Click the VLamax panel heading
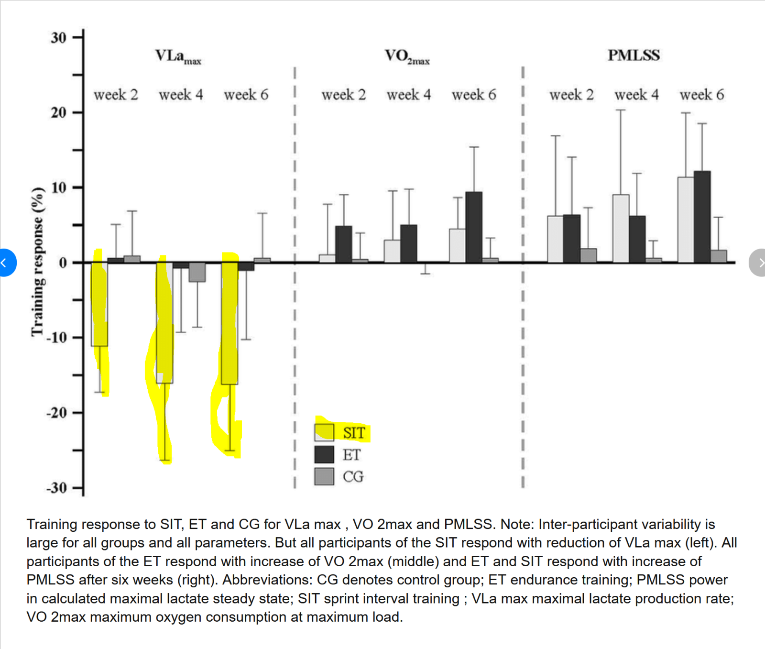[x=177, y=56]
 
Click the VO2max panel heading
[x=407, y=56]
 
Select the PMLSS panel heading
[x=634, y=55]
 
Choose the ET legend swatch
[x=324, y=454]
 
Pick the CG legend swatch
[x=324, y=476]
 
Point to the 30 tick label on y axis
[x=58, y=38]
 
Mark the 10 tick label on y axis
[x=58, y=187]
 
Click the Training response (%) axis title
[x=37, y=262]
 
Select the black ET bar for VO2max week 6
[x=474, y=227]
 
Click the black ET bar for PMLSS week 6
[x=702, y=217]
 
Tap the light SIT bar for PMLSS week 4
[x=621, y=229]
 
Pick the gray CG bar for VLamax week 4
[x=197, y=272]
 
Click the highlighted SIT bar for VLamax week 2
[x=99, y=304]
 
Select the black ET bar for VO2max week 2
[x=343, y=244]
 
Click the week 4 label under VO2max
[x=408, y=95]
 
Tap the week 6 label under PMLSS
[x=701, y=95]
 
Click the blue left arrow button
[x=6, y=263]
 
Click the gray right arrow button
[x=758, y=263]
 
